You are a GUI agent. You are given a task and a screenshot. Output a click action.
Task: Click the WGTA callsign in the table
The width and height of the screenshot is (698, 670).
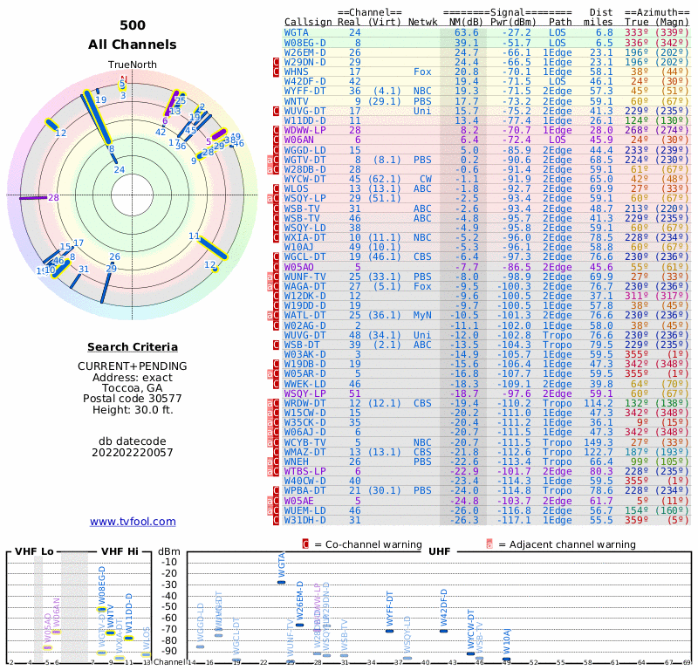tap(298, 32)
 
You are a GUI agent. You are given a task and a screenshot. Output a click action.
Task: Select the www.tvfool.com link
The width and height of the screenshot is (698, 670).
tap(133, 522)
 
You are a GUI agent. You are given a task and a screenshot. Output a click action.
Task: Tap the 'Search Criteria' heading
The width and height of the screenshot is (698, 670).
tap(133, 347)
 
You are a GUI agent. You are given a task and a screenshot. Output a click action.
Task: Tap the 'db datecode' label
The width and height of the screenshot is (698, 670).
tap(133, 439)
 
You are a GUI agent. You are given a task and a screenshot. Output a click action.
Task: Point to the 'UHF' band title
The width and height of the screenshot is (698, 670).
tap(439, 551)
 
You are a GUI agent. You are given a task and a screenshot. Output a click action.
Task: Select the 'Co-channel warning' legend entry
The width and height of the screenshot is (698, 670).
tap(375, 544)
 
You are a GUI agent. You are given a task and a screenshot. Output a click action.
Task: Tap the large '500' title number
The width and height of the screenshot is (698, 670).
tap(133, 25)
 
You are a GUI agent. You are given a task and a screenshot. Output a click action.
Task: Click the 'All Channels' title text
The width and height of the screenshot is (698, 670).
tap(133, 44)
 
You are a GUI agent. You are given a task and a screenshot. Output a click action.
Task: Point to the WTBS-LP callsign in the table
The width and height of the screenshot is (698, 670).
tap(305, 470)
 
